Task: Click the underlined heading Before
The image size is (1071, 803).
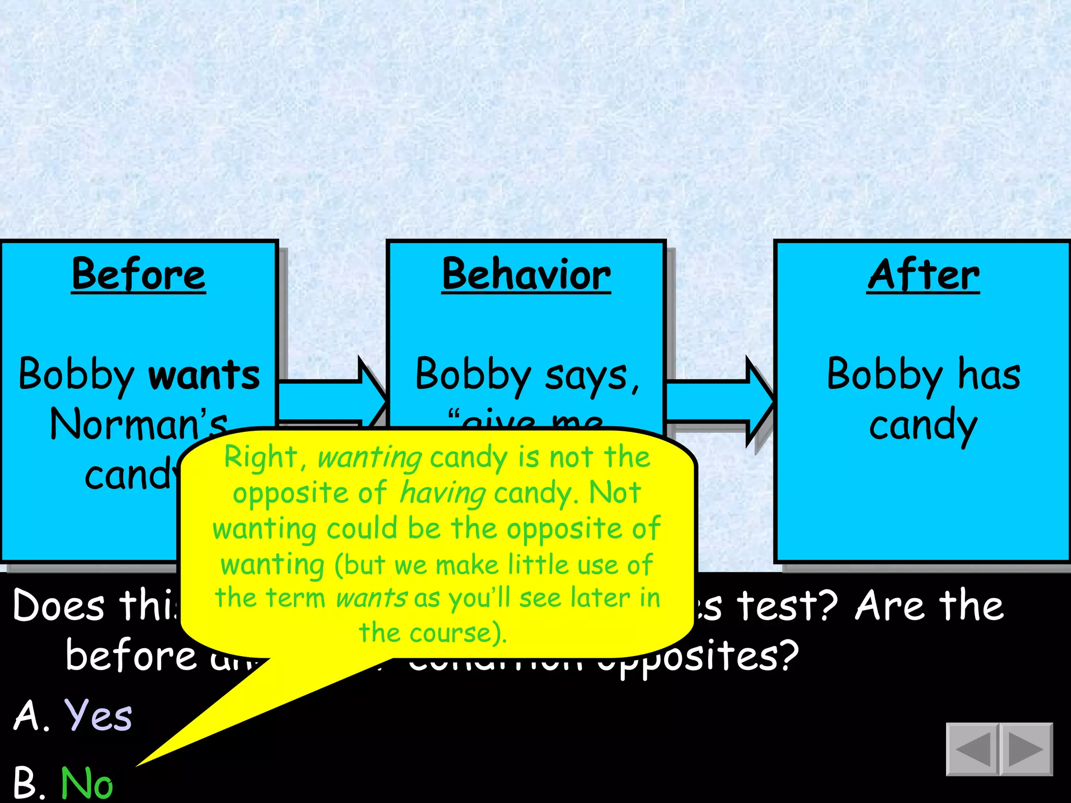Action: (x=139, y=274)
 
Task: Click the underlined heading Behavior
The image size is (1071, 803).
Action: (x=526, y=274)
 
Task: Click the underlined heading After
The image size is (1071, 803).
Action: (x=923, y=274)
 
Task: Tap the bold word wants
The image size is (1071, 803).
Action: (x=204, y=375)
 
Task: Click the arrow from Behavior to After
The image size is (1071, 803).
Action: (x=719, y=401)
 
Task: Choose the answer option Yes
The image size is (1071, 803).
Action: (x=98, y=715)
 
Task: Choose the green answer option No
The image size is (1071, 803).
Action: (x=87, y=783)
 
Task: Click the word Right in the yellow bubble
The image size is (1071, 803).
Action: (x=260, y=457)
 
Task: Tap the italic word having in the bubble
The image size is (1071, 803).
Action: (x=442, y=493)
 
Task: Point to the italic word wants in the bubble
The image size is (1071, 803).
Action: (x=371, y=598)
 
